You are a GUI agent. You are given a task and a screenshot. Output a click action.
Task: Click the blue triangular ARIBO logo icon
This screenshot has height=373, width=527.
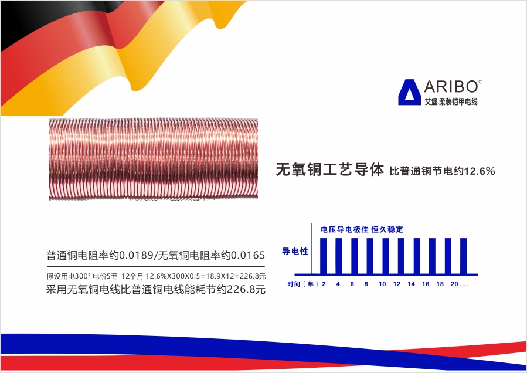coord(409,92)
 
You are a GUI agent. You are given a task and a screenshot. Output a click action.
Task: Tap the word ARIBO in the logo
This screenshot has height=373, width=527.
coord(451,87)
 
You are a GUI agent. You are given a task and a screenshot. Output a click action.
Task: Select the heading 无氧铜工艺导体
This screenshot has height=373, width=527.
coord(329,169)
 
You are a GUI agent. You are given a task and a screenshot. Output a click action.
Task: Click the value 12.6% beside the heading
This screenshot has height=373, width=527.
coord(480,171)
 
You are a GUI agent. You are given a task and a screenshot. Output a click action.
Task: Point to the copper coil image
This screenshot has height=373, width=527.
coord(153,159)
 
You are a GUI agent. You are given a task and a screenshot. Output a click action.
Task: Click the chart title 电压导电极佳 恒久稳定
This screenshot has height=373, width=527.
coord(362,229)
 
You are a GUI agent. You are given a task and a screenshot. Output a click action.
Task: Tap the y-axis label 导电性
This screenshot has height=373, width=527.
coord(295,251)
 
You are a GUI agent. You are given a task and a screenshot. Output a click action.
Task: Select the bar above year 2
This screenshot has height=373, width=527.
coord(324,256)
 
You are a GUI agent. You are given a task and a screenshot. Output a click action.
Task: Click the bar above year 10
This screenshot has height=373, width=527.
coord(386,256)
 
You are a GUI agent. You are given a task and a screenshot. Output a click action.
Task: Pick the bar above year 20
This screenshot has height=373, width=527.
coord(464,256)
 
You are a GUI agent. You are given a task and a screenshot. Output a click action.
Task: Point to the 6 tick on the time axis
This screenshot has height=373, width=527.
coord(352,284)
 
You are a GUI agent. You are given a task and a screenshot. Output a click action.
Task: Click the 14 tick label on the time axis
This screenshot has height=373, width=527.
coord(411,284)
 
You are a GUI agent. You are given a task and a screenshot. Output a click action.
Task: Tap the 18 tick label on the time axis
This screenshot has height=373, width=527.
coord(440,284)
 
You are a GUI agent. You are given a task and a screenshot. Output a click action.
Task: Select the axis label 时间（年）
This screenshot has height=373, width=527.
coord(302,284)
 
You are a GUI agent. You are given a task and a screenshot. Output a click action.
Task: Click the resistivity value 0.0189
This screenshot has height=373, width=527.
coord(136,255)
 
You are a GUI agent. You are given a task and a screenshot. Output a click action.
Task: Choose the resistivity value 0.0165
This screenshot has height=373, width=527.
coord(248,255)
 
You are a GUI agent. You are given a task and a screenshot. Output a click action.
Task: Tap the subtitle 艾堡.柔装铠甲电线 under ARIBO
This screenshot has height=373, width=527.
coord(451,101)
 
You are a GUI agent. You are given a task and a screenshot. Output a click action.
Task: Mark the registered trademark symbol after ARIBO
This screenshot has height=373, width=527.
coord(480,82)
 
